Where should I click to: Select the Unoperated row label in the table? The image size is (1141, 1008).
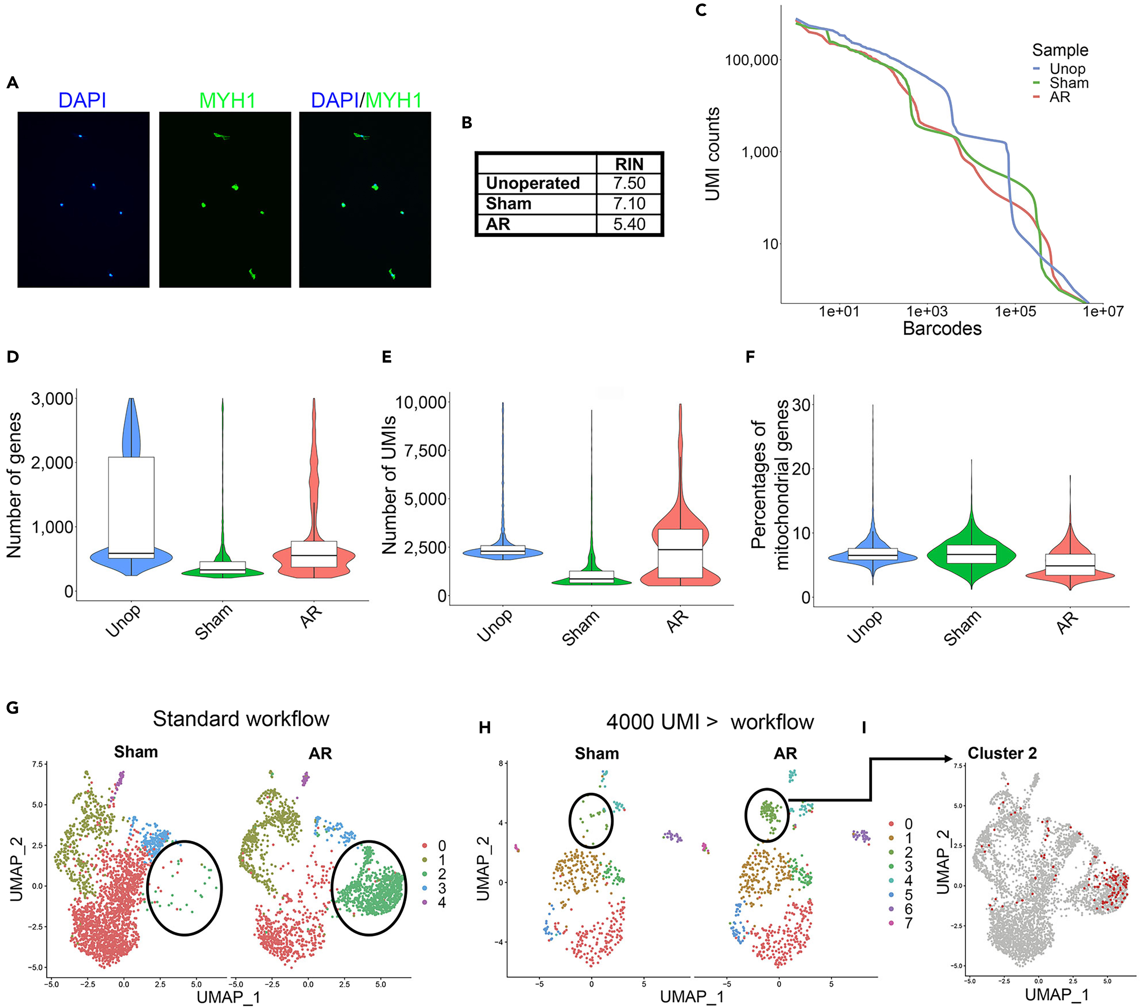tap(533, 183)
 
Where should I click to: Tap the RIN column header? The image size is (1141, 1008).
tap(629, 164)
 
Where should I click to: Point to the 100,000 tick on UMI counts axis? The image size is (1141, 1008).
tap(752, 60)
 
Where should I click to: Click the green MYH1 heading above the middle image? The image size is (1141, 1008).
tap(227, 101)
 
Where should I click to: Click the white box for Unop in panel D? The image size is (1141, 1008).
tap(131, 507)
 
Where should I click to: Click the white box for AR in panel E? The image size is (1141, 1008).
tap(680, 553)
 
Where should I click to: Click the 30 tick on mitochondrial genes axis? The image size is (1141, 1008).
tap(800, 405)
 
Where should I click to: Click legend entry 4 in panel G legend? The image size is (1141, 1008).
tap(441, 902)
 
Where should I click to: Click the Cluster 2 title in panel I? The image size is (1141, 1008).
tap(1002, 753)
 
